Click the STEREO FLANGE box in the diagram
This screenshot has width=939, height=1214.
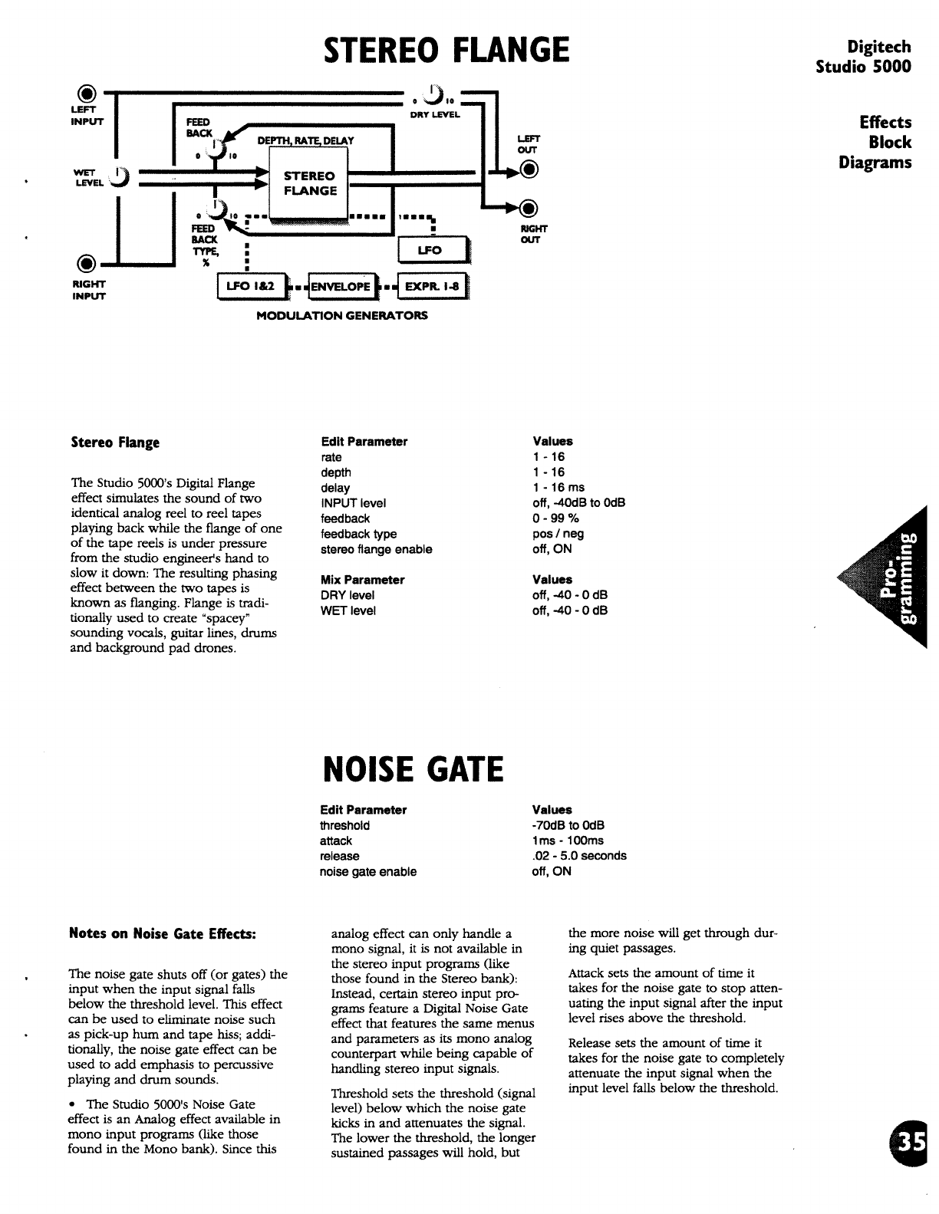point(310,184)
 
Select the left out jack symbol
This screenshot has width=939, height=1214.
point(527,171)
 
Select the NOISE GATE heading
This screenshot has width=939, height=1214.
point(413,768)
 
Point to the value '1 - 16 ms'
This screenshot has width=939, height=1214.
point(558,488)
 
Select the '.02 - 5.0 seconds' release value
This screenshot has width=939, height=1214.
point(578,856)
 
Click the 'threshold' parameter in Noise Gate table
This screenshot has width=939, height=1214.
point(344,825)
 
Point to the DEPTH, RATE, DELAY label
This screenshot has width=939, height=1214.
point(305,140)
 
